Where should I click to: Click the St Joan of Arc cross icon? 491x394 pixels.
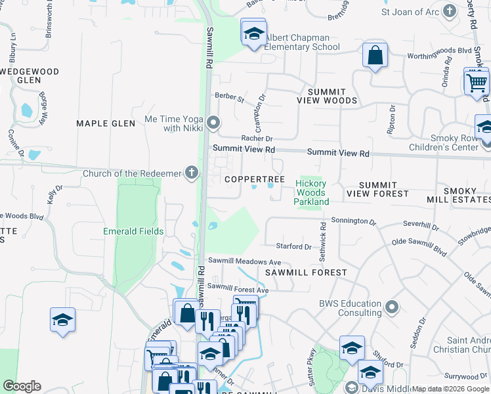click(x=449, y=11)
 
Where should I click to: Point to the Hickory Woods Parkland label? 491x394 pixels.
click(x=311, y=193)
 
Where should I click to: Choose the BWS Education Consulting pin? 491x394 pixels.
click(x=392, y=307)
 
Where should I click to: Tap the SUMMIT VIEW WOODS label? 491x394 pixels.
click(x=327, y=96)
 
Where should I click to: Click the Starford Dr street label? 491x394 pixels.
click(x=293, y=247)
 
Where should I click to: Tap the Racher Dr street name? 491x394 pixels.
click(x=257, y=139)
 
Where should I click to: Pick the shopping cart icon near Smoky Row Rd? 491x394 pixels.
click(x=476, y=82)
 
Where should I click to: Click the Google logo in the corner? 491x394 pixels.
click(x=22, y=386)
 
